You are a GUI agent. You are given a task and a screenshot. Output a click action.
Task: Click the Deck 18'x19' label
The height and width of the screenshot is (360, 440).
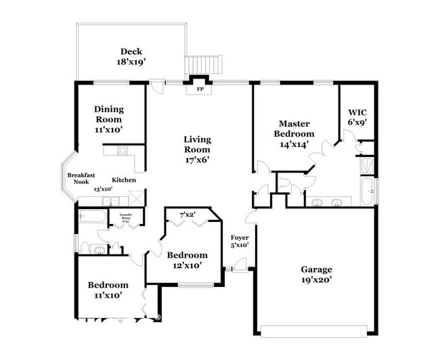[x=131, y=56]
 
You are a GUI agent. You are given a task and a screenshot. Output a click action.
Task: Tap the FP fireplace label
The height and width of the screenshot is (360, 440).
[x=200, y=89]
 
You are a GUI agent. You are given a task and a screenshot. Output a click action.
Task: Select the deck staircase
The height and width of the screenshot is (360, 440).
[x=202, y=65]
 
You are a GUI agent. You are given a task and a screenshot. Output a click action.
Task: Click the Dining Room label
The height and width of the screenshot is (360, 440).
[x=108, y=118]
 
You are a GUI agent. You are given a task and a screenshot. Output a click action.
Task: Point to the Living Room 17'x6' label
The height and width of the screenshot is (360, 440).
[x=197, y=150]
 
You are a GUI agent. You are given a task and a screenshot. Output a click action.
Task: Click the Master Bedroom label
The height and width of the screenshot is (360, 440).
[x=294, y=133]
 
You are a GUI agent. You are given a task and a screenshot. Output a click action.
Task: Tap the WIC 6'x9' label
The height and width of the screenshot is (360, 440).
[x=357, y=117]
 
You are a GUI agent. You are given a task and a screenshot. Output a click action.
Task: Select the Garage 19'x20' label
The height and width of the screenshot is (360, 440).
[x=316, y=274]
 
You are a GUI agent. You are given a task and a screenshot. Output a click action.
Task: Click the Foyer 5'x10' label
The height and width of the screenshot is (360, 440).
[x=240, y=242]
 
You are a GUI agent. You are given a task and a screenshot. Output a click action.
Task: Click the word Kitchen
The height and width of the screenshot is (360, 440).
[x=124, y=180]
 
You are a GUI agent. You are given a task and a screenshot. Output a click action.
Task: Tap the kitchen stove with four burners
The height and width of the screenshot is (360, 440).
[x=123, y=151]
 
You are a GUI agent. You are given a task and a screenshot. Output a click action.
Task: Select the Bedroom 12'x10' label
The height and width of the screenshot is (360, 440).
[x=187, y=260]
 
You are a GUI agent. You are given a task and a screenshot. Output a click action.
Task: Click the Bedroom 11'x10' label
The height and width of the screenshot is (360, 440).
[x=108, y=290]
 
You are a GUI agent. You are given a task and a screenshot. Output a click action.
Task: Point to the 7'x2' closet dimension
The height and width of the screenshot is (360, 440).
[x=188, y=215]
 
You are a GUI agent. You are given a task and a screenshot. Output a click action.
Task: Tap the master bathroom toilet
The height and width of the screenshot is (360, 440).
[x=284, y=183]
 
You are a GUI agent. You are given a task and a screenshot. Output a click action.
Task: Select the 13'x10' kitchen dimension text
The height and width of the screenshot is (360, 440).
[x=102, y=189]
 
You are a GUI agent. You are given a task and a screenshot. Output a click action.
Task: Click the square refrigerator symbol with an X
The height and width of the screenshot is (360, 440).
[x=136, y=200]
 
